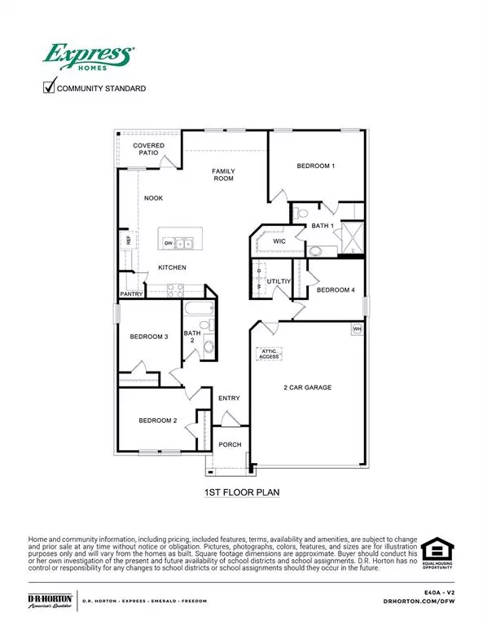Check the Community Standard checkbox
pos(47,87)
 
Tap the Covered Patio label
pos(149,149)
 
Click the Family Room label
pos(223,174)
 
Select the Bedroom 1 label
pos(316,166)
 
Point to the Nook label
pos(154,198)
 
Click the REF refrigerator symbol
pos(128,240)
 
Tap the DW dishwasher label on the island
pos(169,243)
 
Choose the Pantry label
pos(132,293)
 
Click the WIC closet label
pos(279,241)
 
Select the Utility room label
pos(278,280)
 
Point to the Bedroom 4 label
pos(336,290)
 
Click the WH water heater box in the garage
pos(357,328)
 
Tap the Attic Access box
pos(269,354)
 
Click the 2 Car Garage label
pos(307,387)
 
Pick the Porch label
pos(231,444)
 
